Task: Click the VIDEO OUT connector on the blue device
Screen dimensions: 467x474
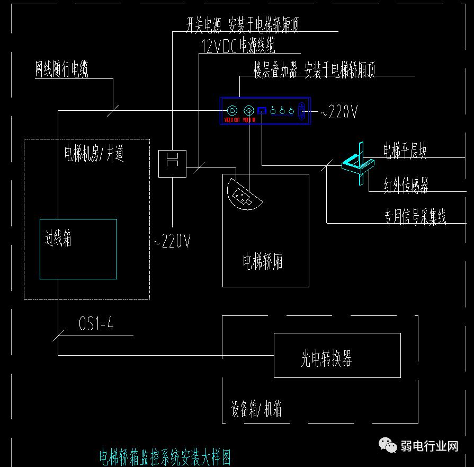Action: [232, 111]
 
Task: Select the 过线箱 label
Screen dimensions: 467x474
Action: [58, 239]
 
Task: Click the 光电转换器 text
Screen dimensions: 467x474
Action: [326, 359]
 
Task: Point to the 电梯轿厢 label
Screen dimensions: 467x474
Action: [263, 261]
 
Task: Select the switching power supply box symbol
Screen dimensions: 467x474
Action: [172, 163]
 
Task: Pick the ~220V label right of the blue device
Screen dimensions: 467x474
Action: [339, 112]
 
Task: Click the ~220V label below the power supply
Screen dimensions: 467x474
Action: [172, 242]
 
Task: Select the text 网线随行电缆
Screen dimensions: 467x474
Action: [61, 69]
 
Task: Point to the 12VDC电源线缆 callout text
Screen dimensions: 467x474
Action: [238, 46]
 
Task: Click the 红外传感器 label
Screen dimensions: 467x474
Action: [406, 184]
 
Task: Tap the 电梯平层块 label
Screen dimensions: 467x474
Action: [405, 151]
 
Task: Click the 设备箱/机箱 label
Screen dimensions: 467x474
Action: [256, 409]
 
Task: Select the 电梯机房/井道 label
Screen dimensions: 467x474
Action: [94, 154]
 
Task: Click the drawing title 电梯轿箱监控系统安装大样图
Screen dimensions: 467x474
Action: [165, 456]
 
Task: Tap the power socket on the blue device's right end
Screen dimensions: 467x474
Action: [302, 111]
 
